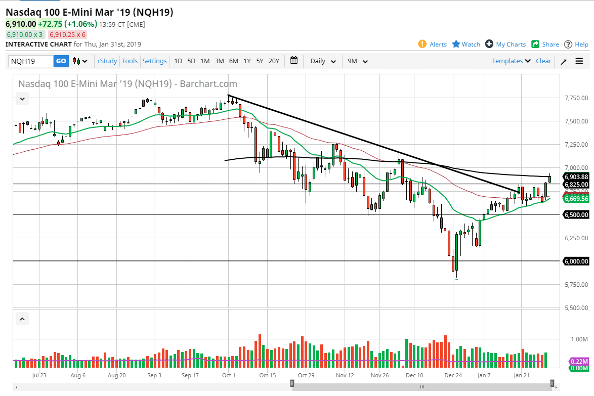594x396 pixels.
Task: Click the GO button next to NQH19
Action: (x=61, y=61)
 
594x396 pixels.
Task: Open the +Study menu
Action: (x=107, y=61)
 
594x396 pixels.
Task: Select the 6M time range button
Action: (x=233, y=61)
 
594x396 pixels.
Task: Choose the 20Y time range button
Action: (x=274, y=61)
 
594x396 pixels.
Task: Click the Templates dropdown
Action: (x=511, y=61)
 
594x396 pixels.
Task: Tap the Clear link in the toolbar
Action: (x=543, y=61)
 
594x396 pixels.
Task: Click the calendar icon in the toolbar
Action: (x=294, y=61)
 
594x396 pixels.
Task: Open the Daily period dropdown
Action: (x=323, y=61)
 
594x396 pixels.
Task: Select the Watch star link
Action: (x=466, y=45)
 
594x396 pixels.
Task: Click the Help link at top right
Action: (x=576, y=45)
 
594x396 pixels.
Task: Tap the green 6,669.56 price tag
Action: (x=576, y=199)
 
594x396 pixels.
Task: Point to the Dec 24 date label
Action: (x=453, y=375)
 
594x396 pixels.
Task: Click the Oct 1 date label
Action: (x=228, y=375)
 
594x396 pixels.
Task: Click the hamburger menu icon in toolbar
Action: (x=579, y=61)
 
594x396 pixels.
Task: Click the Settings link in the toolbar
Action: (x=154, y=61)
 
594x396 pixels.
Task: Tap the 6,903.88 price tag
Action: (x=576, y=177)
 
